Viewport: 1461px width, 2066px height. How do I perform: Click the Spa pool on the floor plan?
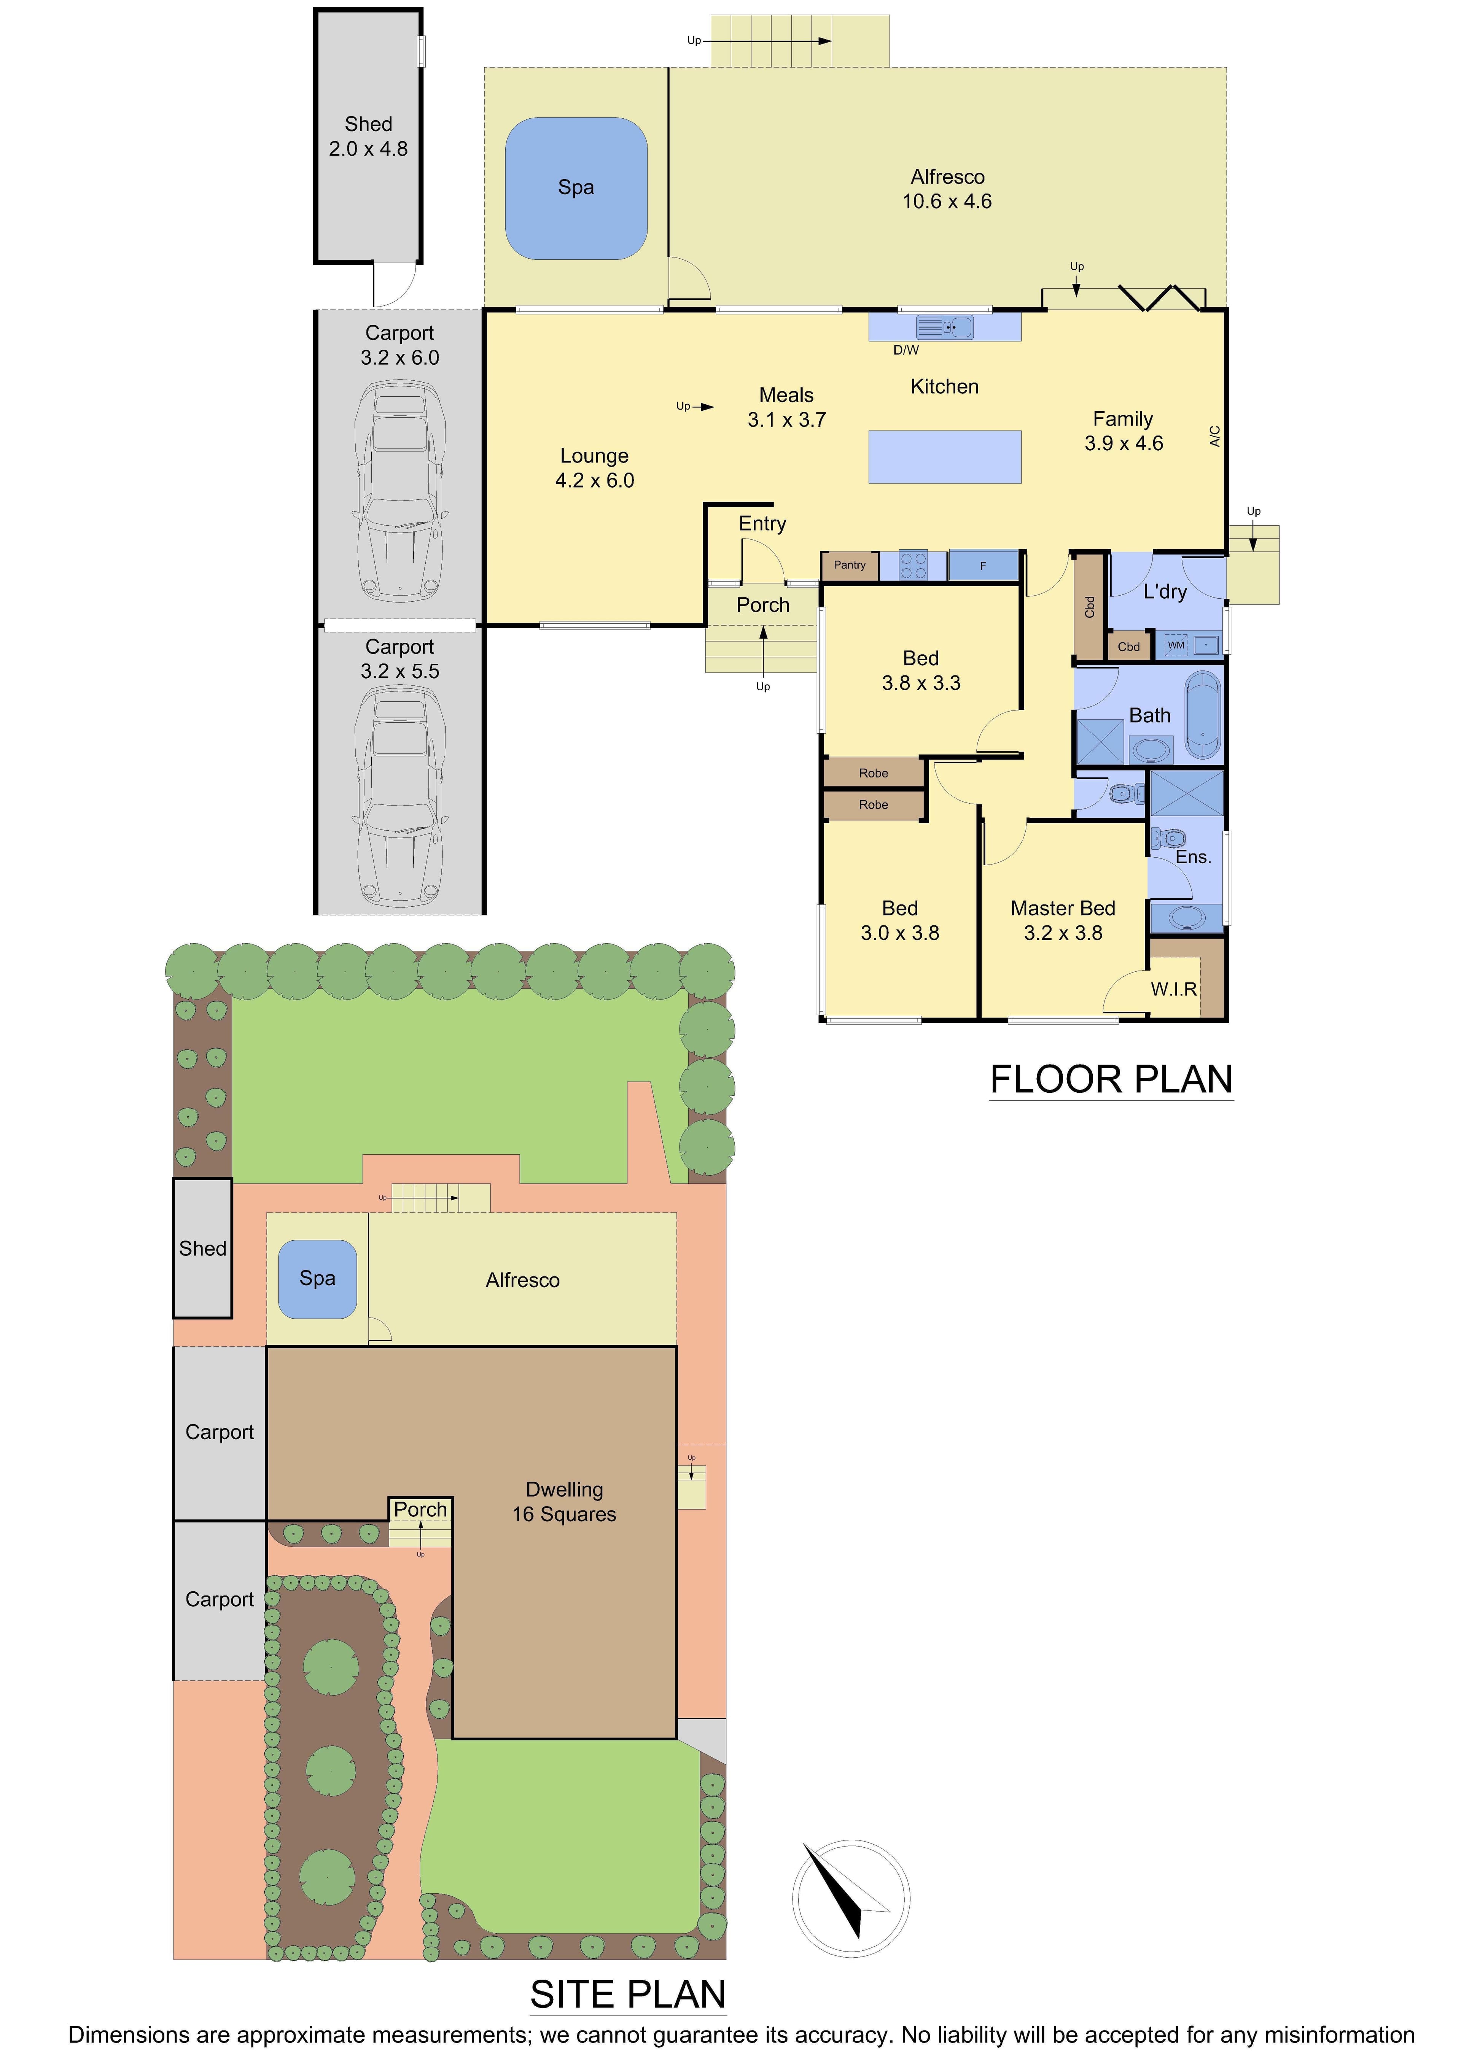[576, 188]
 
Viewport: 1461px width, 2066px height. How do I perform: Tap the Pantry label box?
[850, 565]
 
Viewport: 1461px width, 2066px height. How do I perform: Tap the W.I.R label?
[1174, 989]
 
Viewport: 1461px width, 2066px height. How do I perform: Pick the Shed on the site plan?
[202, 1248]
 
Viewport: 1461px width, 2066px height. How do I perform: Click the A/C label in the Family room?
[1214, 436]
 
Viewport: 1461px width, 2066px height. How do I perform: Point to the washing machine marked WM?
[1176, 645]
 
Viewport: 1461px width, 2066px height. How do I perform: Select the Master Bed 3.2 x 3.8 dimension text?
[1063, 933]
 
